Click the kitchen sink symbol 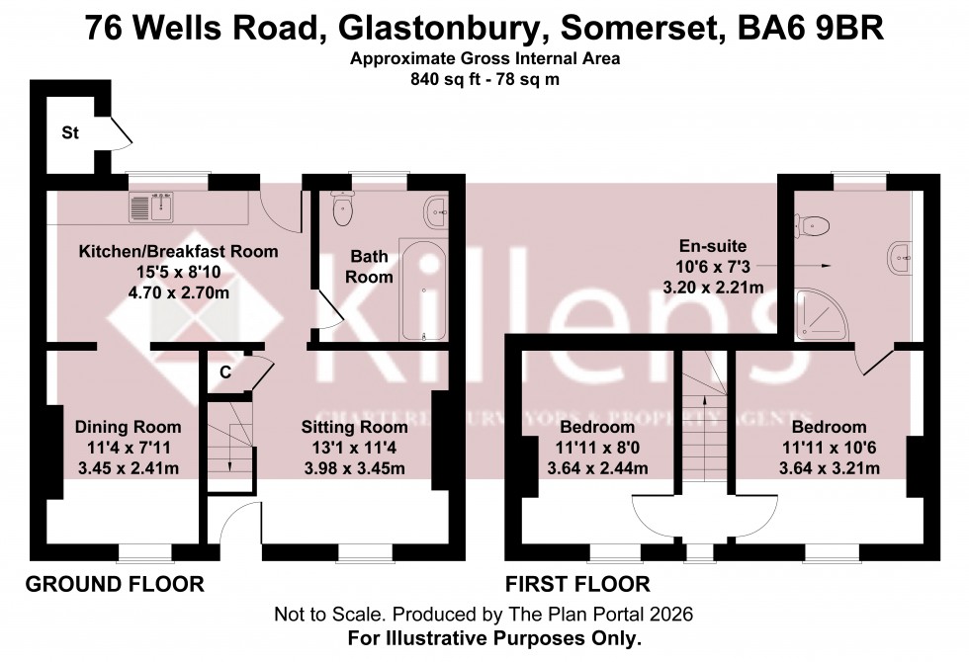tap(151, 207)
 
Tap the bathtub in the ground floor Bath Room tap(423, 290)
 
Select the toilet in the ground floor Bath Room tap(343, 208)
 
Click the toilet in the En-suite tap(815, 224)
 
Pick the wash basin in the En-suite tap(901, 258)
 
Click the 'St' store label tap(70, 131)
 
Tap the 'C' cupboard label tap(225, 372)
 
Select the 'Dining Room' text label tap(129, 427)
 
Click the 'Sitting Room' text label tap(354, 427)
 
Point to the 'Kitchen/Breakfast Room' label tap(178, 252)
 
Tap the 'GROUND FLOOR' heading tap(114, 584)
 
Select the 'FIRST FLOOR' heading tap(577, 584)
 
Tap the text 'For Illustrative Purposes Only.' tap(496, 637)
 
